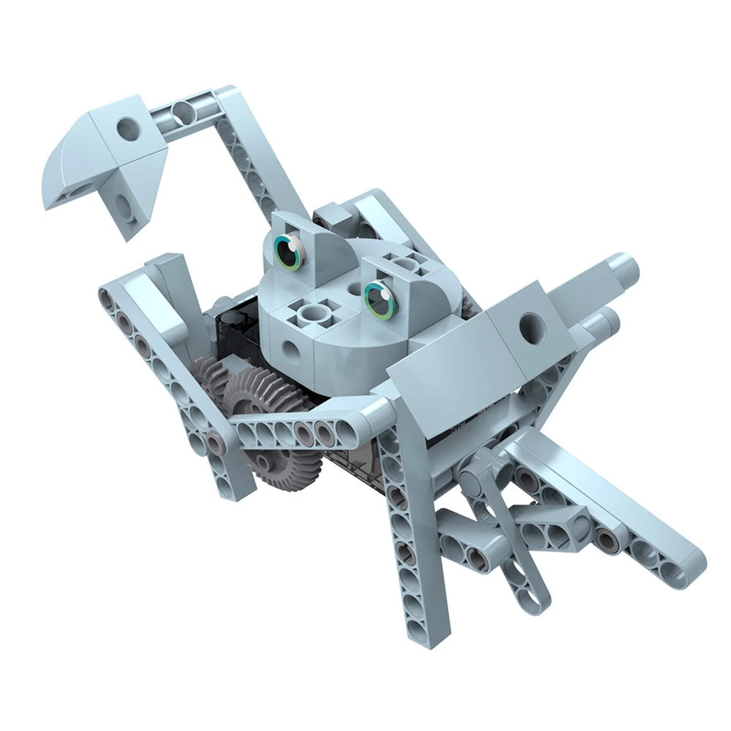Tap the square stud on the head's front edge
tap(313, 318)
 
